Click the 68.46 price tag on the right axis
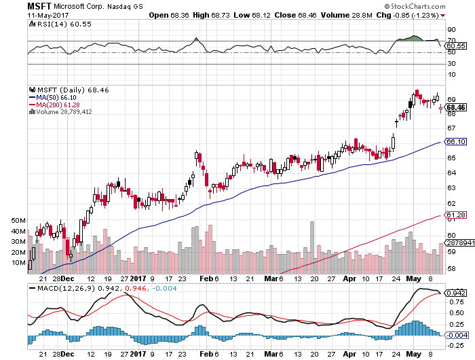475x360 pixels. click(455, 107)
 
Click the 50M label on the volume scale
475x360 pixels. click(19, 221)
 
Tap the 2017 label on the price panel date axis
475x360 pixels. click(138, 277)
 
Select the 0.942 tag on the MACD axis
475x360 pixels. click(455, 293)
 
